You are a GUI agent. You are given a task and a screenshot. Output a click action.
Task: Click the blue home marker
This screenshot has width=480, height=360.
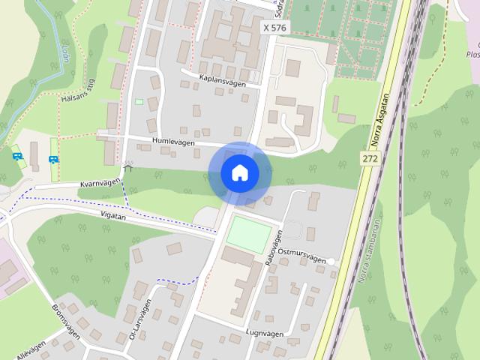[239, 173]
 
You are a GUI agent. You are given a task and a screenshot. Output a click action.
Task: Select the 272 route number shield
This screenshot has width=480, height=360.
[369, 159]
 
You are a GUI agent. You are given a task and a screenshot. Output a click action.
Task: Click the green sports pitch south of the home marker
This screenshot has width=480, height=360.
[248, 234]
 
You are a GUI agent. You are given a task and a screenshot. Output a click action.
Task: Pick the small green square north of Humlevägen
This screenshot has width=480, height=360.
[139, 102]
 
